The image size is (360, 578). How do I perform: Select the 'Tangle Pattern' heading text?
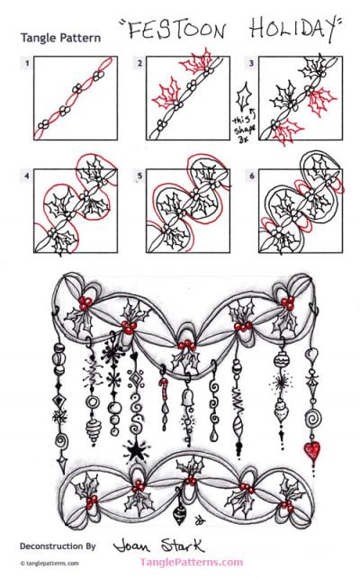point(60,39)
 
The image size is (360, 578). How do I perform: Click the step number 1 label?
point(28,63)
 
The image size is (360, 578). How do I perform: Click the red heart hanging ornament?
point(311,448)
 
